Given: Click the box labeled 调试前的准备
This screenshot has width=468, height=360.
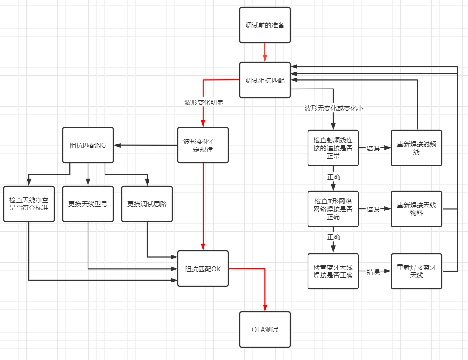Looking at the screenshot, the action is pos(265,25).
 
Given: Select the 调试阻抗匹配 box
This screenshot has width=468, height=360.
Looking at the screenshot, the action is pos(265,80).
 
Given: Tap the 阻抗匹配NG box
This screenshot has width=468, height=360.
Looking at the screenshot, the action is pos(88,145).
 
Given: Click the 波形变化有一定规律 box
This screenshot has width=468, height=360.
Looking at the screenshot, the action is pos(203,145).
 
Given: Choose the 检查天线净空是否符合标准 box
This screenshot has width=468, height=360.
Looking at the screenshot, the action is pos(29,204).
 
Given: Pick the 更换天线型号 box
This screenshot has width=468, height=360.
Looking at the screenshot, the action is pos(88,204).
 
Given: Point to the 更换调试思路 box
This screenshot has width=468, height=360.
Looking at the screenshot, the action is pos(147,204).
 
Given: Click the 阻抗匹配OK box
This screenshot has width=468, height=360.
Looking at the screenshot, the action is pos(203,269).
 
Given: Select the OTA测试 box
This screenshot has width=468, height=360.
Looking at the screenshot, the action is pos(265,330).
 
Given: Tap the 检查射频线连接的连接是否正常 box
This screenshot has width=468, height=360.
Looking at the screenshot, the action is pos(333,148).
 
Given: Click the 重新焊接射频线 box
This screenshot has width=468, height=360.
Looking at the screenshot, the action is pos(417,148).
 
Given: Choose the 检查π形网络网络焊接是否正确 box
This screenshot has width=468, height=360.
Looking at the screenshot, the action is pos(333,209).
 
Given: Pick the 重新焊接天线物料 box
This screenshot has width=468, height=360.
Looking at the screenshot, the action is pos(417,209).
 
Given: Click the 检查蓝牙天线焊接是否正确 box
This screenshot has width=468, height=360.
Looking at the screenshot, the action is pos(333,271).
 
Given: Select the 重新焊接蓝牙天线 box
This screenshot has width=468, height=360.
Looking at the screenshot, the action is pos(417,271).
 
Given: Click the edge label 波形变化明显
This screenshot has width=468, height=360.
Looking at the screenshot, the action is pos(204,102).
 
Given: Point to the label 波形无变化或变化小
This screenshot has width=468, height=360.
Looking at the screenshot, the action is pos(334,108).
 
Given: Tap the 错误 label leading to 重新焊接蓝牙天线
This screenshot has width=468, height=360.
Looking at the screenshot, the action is pos(373,272).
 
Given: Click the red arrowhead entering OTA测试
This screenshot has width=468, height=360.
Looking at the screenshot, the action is pos(265,308).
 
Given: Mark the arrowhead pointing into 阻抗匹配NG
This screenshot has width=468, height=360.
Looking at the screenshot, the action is pos(117,145).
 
